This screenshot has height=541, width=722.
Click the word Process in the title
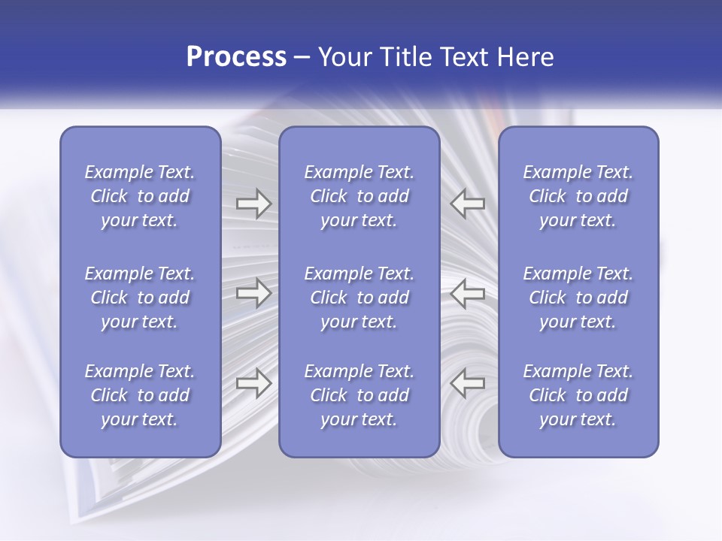pos(236,57)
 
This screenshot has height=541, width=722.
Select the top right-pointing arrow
pos(253,204)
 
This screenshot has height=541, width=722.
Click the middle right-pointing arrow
pos(253,293)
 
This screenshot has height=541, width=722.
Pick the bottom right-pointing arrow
pos(253,383)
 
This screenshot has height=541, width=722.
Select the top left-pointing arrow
pos(468,204)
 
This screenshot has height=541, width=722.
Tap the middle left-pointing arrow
pos(468,293)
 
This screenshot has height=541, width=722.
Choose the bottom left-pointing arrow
pos(468,383)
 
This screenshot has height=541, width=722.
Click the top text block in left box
pos(140,196)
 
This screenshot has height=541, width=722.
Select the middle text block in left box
pos(140,298)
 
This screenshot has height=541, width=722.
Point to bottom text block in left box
pos(140,395)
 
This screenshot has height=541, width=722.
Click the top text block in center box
pos(359,196)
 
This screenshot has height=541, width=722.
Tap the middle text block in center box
pos(359,298)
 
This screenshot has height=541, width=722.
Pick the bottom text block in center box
pos(359,395)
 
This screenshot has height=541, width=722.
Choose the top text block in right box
pos(578,196)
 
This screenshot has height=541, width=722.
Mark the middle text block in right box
pos(578,298)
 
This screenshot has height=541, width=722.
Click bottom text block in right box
pos(578,395)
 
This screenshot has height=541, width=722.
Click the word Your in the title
pos(345,57)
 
